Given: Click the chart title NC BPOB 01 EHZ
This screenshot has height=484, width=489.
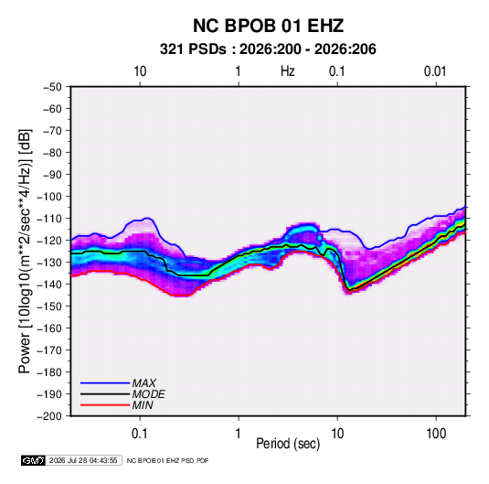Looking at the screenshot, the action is [268, 26].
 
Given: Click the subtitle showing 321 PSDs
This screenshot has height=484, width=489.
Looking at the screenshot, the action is [268, 49].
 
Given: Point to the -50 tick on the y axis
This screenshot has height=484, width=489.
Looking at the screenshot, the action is [52, 87].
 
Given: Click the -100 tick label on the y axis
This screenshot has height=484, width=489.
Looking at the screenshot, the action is [49, 197].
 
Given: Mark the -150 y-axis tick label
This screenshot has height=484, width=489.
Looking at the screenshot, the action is [49, 306].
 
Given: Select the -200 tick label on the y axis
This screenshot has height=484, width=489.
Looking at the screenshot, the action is [49, 416].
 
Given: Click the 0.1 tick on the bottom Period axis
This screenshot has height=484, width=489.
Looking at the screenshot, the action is [140, 434].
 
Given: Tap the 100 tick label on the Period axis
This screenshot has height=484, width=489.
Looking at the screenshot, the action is [436, 434].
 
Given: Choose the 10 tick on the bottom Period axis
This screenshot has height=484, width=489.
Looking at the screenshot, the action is [337, 434].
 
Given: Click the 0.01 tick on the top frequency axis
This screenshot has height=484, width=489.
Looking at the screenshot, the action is [435, 71].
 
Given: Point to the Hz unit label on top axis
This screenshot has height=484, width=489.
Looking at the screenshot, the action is [288, 71].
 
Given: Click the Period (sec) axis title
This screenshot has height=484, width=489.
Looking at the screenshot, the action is [288, 444].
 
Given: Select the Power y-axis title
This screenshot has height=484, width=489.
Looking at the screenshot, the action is [26, 251].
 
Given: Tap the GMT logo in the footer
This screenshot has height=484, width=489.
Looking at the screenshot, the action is [34, 460].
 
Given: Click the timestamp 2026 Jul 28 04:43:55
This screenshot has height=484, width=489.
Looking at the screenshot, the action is [83, 460].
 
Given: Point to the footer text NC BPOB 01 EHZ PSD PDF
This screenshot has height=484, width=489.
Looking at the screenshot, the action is [168, 460].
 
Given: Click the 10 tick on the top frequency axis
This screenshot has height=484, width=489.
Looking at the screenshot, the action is [140, 71].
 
